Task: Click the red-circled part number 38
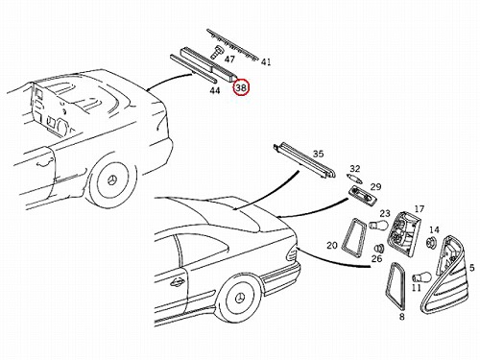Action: [x=241, y=87]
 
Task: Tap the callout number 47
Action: [x=229, y=60]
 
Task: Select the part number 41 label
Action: [x=266, y=62]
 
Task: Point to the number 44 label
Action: [x=215, y=90]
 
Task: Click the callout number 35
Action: [x=318, y=154]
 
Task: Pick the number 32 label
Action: [x=355, y=169]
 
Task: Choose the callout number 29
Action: [x=376, y=186]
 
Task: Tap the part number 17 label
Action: [x=419, y=209]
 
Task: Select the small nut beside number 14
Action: [x=431, y=243]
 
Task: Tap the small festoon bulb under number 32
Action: [x=354, y=179]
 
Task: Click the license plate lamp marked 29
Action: [x=364, y=195]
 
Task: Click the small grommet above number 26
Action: [x=379, y=249]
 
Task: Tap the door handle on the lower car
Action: [x=177, y=282]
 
